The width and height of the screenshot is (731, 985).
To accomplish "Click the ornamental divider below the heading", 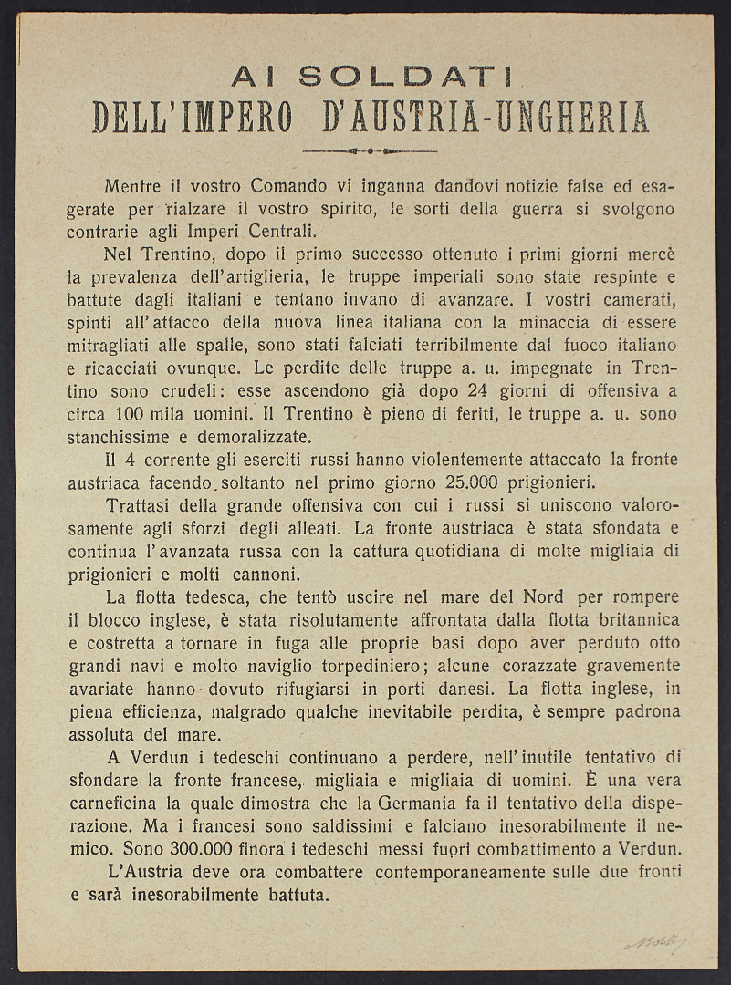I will click(369, 150).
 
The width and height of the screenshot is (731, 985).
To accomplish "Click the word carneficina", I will click(115, 804).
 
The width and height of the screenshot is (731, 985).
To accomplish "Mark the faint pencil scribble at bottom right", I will click(655, 942).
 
